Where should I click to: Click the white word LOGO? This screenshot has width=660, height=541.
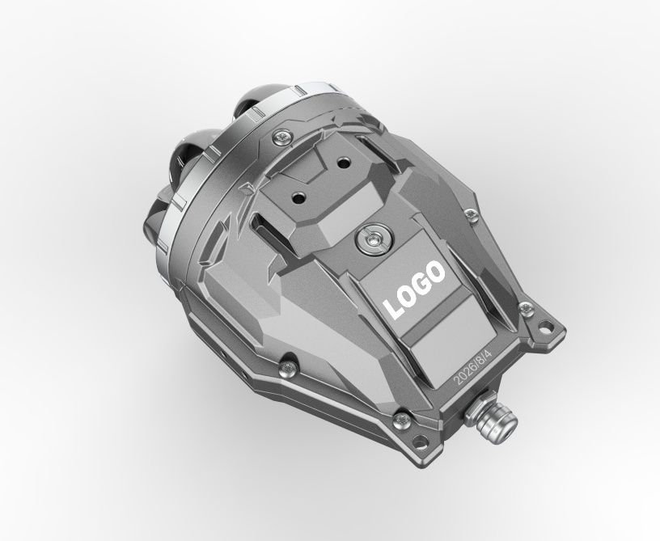coord(414,290)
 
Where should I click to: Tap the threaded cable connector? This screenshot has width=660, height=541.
coord(491,418)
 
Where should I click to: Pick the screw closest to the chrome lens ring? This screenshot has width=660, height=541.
coord(282,137)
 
